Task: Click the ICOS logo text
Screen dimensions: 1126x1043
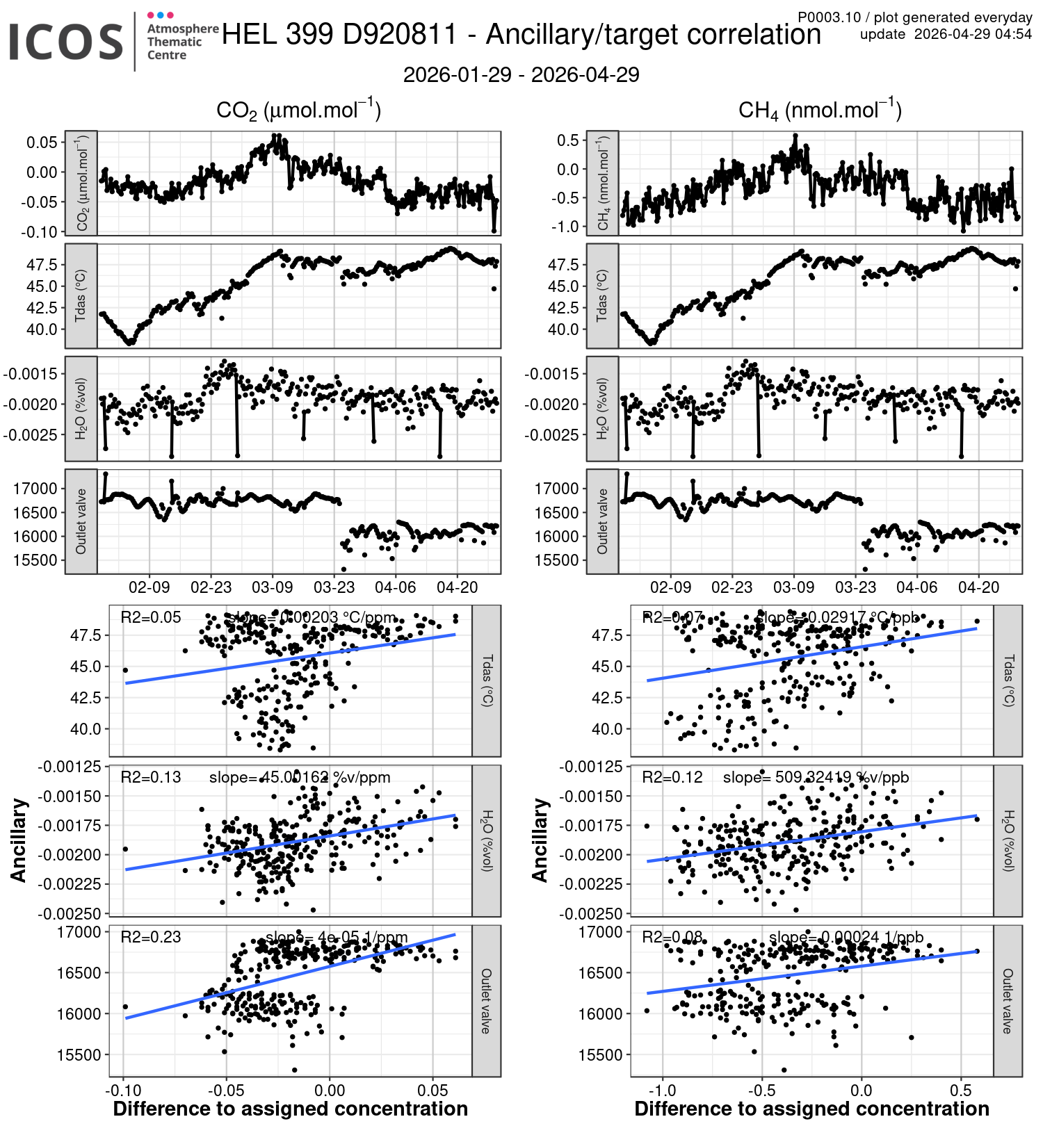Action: click(x=66, y=42)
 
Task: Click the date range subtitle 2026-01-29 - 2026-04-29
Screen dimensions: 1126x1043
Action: click(x=521, y=74)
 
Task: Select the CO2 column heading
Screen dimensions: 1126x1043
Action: click(x=298, y=110)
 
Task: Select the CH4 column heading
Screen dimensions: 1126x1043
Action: click(x=820, y=110)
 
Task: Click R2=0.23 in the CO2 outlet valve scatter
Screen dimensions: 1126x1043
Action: click(x=150, y=937)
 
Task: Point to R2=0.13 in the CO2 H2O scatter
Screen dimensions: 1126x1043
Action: click(x=150, y=777)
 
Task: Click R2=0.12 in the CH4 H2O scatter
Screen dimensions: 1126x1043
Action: click(x=672, y=777)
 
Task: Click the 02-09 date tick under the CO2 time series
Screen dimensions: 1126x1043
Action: click(x=149, y=587)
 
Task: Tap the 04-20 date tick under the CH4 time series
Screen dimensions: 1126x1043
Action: click(x=978, y=587)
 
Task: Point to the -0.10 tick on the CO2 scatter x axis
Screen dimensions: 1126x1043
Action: click(x=124, y=1090)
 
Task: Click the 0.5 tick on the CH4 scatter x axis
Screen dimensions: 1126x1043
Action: click(x=960, y=1090)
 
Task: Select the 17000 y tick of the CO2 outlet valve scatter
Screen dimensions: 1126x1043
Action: click(x=79, y=932)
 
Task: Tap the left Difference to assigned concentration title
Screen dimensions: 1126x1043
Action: click(x=290, y=1109)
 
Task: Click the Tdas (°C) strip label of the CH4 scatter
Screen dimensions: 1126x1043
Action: click(x=1008, y=680)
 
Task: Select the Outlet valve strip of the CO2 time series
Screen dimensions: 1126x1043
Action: click(x=81, y=521)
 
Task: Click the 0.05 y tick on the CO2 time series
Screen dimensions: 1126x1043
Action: click(x=42, y=142)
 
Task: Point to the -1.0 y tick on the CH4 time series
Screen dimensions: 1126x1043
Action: click(x=567, y=227)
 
